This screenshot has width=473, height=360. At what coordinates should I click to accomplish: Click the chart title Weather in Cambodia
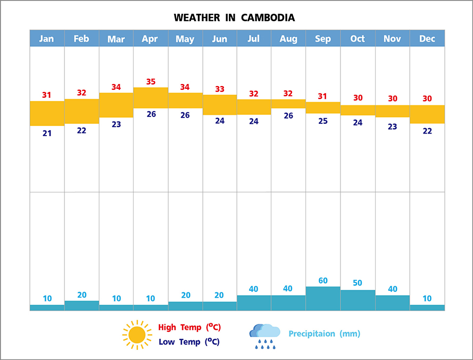click(234, 18)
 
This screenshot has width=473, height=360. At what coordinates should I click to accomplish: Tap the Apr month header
click(151, 38)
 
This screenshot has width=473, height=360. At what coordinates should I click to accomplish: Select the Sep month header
click(323, 38)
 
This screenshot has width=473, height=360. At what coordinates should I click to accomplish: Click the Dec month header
click(427, 38)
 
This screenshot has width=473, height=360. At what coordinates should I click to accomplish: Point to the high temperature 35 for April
click(151, 81)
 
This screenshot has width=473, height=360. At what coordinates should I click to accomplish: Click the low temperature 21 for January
click(47, 133)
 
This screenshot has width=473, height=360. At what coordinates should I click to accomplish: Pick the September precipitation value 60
click(323, 281)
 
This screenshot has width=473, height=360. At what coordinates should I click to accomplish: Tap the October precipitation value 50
click(358, 282)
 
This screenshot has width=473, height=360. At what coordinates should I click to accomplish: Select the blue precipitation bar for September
click(323, 298)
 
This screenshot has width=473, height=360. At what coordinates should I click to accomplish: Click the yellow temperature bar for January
click(47, 113)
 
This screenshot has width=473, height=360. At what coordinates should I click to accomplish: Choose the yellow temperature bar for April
click(151, 98)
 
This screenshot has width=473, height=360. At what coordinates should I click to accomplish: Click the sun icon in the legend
click(137, 334)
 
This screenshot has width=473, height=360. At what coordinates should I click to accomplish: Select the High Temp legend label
click(189, 327)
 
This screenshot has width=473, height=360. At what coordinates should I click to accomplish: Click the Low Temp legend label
click(189, 342)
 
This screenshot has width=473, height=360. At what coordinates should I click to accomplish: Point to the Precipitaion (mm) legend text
click(324, 334)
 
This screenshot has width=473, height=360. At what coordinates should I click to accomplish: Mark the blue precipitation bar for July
click(254, 303)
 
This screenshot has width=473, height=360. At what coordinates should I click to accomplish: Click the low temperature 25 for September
click(323, 121)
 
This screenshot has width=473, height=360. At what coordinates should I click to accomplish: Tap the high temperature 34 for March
click(116, 87)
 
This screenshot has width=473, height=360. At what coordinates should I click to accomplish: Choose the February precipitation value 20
click(81, 295)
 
